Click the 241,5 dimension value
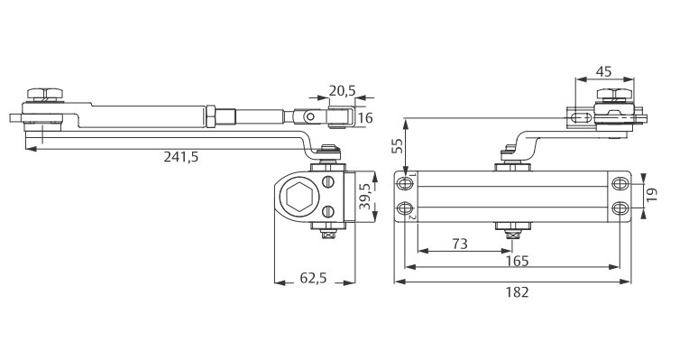point(180,157)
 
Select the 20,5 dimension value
point(343,91)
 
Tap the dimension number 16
point(365,118)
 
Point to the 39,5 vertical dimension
point(365,197)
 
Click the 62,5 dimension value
point(314,278)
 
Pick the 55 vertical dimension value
point(397,145)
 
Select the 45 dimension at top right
point(603,72)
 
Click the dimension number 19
point(652,195)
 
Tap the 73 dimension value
point(460,245)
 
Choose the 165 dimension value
point(518,261)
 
